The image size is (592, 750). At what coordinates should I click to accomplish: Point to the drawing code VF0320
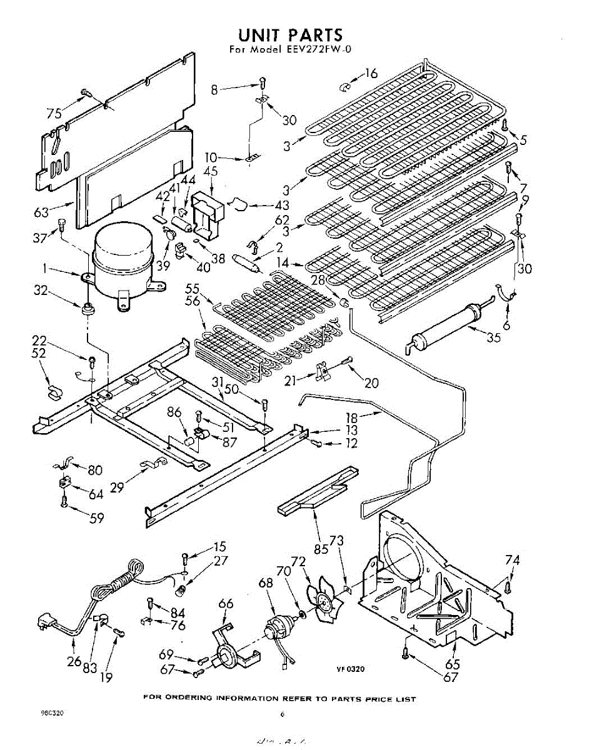[x=350, y=669]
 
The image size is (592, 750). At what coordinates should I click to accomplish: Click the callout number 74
[x=513, y=560]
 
